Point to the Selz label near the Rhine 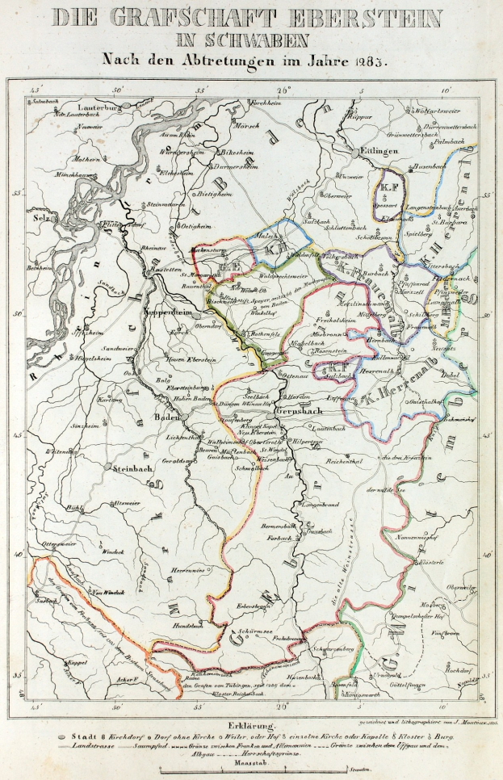(37, 219)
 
